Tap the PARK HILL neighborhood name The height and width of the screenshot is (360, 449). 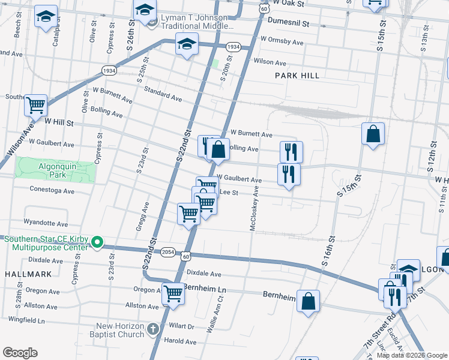click(297, 76)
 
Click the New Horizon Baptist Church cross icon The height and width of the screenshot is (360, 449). click(153, 329)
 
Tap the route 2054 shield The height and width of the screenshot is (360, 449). click(168, 253)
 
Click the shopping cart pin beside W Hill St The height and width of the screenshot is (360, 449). click(36, 106)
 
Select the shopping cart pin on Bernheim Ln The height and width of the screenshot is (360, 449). click(173, 294)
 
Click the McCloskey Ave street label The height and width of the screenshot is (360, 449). click(253, 208)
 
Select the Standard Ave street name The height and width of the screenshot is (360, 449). click(163, 93)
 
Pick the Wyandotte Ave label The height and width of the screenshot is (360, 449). click(46, 223)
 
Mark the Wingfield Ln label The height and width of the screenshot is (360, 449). click(25, 321)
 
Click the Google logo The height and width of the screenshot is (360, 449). click(20, 353)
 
